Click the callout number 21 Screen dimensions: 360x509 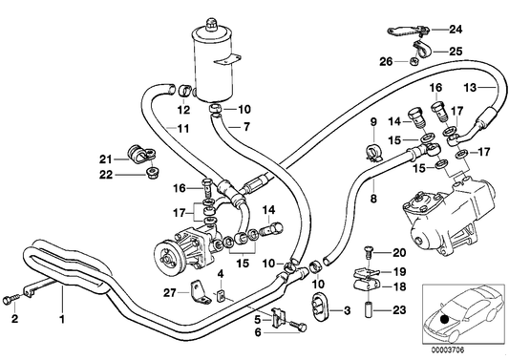click(x=106, y=159)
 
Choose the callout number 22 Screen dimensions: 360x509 click(x=106, y=174)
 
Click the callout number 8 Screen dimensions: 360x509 click(x=373, y=201)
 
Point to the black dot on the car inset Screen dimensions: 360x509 click(x=445, y=319)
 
